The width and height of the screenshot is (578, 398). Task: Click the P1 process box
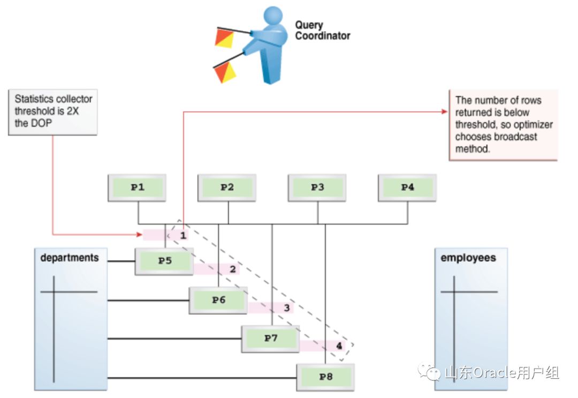[x=138, y=187]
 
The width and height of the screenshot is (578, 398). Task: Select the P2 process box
[x=227, y=187]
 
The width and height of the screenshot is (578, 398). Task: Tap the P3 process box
[x=317, y=187]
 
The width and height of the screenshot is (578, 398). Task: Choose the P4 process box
[x=407, y=187]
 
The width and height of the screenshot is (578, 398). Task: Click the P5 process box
[x=164, y=261]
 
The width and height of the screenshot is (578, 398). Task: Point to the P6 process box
[x=218, y=300]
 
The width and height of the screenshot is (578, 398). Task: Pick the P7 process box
[x=271, y=339]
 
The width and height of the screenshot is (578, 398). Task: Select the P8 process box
[x=325, y=377]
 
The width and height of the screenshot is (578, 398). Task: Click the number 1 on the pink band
[x=182, y=235]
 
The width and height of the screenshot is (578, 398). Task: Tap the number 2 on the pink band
[x=233, y=269]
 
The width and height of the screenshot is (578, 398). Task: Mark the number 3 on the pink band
[x=286, y=308]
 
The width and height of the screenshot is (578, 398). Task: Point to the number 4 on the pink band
[x=339, y=346]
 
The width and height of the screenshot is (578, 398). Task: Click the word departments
[x=70, y=258]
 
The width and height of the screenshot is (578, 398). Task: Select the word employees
[x=468, y=258]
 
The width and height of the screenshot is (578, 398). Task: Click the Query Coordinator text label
[x=322, y=31]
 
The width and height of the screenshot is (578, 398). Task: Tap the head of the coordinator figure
[x=273, y=17]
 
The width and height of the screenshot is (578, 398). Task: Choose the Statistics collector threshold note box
[x=54, y=111]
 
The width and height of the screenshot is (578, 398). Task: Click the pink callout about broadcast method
[x=503, y=124]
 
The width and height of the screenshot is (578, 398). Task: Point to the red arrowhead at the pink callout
[x=444, y=111]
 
